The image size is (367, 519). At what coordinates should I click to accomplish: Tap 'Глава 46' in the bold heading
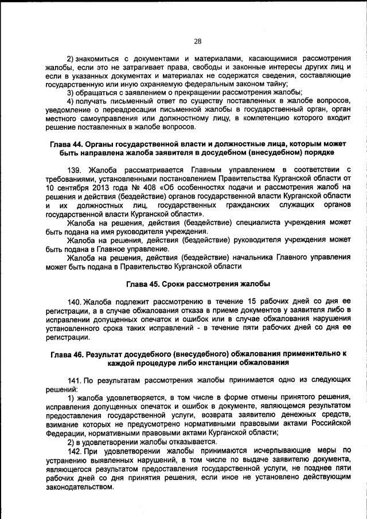[67, 354]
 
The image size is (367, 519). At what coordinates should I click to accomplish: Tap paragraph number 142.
[75, 451]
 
